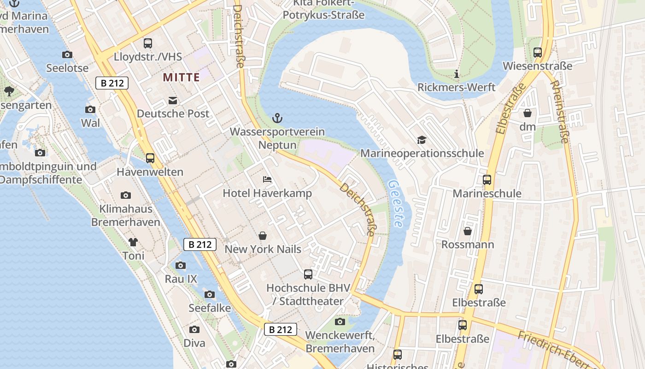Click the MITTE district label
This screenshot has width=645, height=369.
[181, 77]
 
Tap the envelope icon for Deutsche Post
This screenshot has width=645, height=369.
[173, 101]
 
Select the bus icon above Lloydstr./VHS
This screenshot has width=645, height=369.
[148, 43]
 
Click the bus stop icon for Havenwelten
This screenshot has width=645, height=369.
[150, 158]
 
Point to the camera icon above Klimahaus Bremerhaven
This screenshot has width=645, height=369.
[126, 196]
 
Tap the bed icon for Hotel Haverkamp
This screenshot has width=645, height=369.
[267, 179]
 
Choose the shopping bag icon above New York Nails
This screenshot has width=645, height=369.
[263, 236]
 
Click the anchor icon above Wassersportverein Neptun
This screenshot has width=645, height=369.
[277, 118]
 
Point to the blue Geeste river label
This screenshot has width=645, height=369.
[395, 203]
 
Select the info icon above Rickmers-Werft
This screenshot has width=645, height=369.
[457, 74]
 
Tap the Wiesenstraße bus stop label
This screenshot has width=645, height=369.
[537, 66]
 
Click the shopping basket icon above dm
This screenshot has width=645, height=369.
[528, 113]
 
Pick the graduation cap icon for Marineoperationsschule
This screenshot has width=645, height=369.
[422, 140]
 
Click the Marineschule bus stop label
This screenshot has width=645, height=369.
[487, 193]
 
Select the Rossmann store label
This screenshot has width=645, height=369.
[468, 244]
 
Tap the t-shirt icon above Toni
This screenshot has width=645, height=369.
[133, 242]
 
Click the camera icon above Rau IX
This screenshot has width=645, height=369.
[181, 265]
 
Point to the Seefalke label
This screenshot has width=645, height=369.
[210, 308]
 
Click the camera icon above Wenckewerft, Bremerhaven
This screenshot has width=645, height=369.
[340, 321]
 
